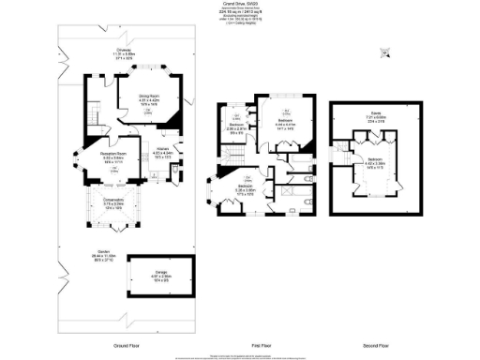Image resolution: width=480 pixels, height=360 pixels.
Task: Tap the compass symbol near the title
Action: click(381, 60)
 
